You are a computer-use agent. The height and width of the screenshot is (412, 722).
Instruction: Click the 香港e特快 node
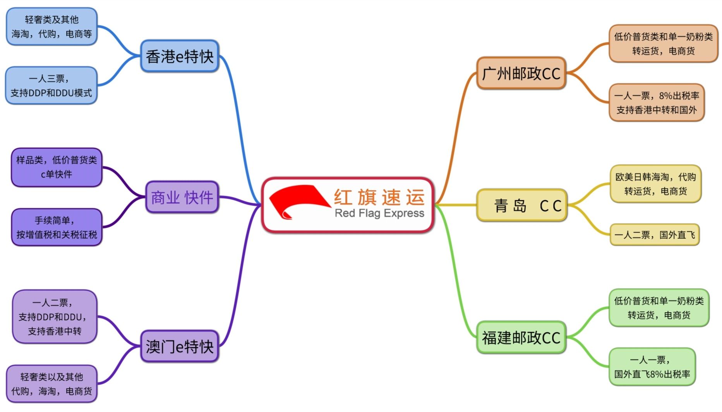point(180,56)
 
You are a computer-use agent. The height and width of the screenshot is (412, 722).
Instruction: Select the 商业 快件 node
point(182,197)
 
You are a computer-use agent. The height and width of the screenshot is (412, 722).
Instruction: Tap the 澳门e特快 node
point(180,346)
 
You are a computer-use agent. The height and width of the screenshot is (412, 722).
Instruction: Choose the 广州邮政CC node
point(521,73)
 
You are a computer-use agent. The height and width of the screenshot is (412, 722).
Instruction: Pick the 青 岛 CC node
point(522,205)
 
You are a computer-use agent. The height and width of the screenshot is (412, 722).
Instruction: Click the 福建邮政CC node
point(521,337)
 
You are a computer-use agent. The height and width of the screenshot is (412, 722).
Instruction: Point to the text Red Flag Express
point(379,213)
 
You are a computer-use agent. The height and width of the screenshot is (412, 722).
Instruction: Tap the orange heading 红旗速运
point(379,197)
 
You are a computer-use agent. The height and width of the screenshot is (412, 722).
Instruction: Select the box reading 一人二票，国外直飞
point(655,234)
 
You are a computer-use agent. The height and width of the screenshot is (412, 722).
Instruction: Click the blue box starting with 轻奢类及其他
point(51,26)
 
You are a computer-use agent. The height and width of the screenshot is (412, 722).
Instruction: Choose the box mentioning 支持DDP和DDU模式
point(51,85)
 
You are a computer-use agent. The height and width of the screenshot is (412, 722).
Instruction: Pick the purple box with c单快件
point(57,167)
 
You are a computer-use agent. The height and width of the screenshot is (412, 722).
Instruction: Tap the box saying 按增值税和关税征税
point(57,227)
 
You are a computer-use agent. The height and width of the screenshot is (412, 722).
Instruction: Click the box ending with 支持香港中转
point(55,316)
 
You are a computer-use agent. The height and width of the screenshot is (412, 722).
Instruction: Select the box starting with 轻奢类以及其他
point(51,384)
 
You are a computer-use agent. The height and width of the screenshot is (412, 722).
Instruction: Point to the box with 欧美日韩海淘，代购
point(655,184)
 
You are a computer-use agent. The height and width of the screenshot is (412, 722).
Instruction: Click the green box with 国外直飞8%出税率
point(652,367)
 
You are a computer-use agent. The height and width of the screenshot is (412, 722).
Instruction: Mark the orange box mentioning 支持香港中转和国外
point(657,103)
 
